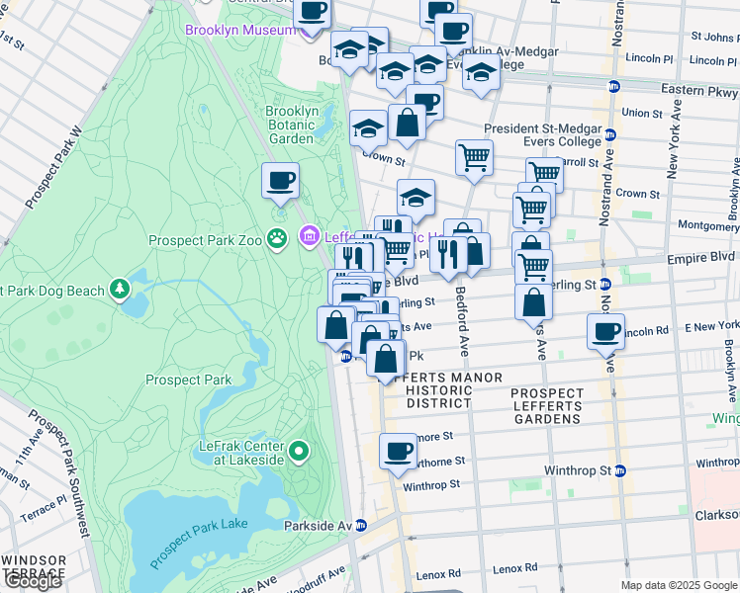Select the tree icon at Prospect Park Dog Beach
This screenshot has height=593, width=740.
pyautogui.click(x=120, y=288)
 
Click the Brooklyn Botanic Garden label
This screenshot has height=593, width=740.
pyautogui.click(x=291, y=125)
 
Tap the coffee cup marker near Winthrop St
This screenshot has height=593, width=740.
pyautogui.click(x=399, y=453)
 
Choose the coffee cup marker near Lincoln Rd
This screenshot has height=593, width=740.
pyautogui.click(x=605, y=333)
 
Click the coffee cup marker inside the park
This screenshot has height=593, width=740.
pyautogui.click(x=280, y=181)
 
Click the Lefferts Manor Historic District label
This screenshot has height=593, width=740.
pyautogui.click(x=439, y=390)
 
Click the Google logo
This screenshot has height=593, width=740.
pyautogui.click(x=32, y=580)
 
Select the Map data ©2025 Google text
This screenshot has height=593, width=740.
pyautogui.click(x=678, y=585)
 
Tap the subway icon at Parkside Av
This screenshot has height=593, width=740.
pyautogui.click(x=361, y=526)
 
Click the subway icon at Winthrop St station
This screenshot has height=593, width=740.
pyautogui.click(x=619, y=470)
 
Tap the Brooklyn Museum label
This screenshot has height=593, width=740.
pyautogui.click(x=240, y=30)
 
